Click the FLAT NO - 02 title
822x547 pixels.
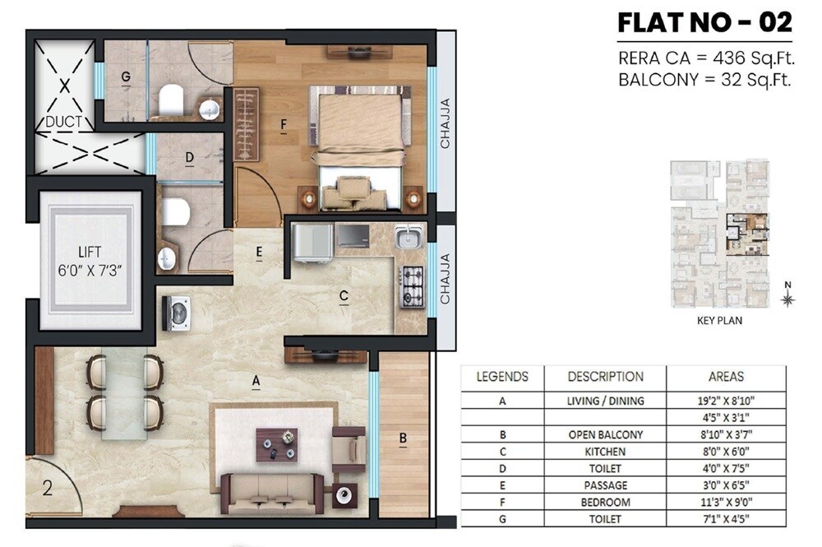(704, 22)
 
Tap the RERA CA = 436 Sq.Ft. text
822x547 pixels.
(704, 59)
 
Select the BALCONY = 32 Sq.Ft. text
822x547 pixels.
(704, 80)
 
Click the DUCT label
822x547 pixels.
(63, 122)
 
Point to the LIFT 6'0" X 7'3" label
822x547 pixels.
(91, 261)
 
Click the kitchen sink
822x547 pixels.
(409, 237)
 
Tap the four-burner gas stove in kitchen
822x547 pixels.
(412, 287)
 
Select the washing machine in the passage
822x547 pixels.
(176, 313)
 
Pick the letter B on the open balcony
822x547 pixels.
(403, 439)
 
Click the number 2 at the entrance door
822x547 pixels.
(47, 489)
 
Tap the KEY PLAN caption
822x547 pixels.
(718, 321)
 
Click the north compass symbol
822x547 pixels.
(787, 299)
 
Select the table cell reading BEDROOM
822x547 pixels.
(605, 502)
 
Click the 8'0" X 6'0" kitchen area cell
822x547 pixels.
(725, 452)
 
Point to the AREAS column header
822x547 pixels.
(725, 377)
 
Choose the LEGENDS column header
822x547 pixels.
(502, 377)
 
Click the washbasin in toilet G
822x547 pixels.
(210, 109)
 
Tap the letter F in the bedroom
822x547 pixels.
(283, 126)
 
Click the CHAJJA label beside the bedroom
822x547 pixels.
(446, 123)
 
